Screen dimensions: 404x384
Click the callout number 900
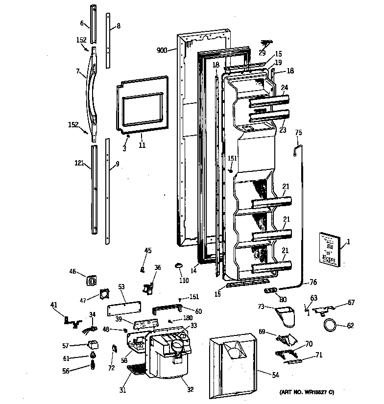click(x=162, y=50)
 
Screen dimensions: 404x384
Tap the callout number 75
click(x=298, y=132)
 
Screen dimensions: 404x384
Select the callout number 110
click(x=184, y=281)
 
